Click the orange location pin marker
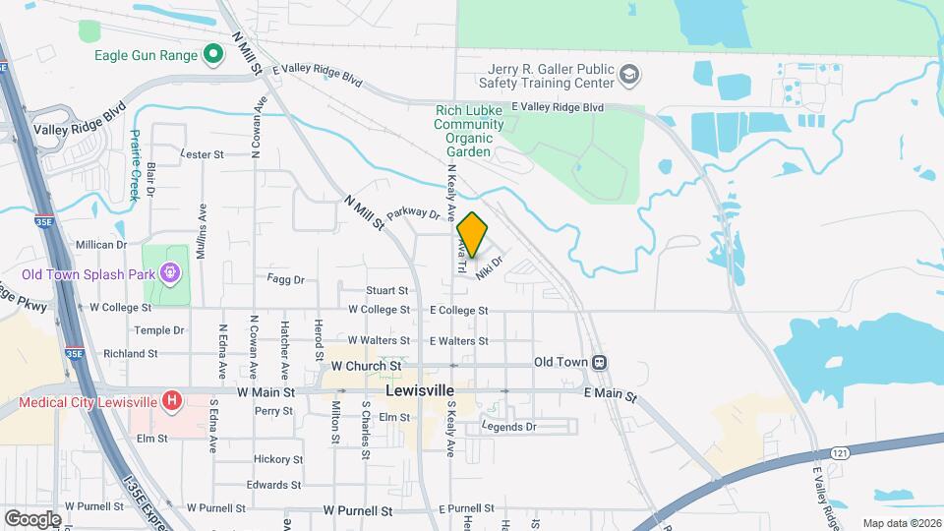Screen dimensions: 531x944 pos(472,235)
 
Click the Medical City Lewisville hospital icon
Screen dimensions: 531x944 pos(172,400)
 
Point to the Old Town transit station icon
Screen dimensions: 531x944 pos(599,362)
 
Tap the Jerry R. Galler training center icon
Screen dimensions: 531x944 pos(628,75)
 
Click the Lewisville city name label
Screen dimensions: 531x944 pos(424,390)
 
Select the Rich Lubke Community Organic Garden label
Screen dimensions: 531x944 pos(468,132)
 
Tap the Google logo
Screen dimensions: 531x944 pos(33,518)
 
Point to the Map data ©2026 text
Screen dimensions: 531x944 pos(902,522)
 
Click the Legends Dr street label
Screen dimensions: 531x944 pos(508,426)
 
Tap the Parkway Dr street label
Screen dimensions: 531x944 pos(412,212)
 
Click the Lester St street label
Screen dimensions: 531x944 pos(204,154)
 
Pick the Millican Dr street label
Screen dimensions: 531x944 pos(102,244)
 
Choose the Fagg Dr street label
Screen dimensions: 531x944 pos(286,279)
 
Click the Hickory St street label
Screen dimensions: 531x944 pos(278,459)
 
